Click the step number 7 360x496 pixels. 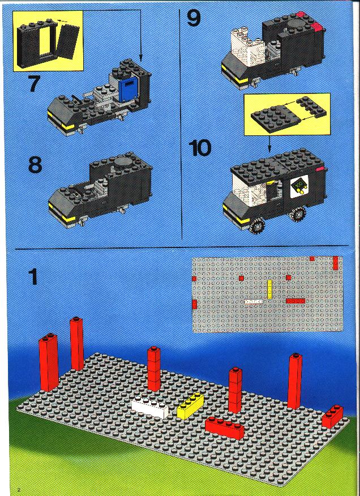tap(34, 83)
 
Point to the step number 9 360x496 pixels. tap(194, 18)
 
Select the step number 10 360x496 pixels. tap(200, 148)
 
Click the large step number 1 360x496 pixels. tap(33, 276)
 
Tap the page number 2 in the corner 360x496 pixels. tap(19, 490)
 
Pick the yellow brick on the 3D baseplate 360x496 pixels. tap(190, 406)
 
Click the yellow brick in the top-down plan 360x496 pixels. tap(270, 289)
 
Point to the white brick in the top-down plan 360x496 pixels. tap(254, 301)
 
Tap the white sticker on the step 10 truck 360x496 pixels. tap(299, 185)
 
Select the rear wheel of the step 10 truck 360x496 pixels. tap(297, 214)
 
